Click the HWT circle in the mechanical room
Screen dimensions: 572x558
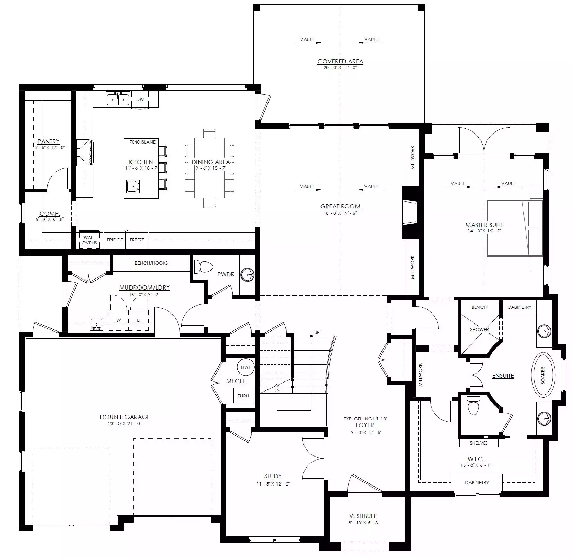click(x=246, y=367)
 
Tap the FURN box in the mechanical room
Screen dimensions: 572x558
click(x=243, y=396)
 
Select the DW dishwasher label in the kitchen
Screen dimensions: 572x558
click(x=140, y=100)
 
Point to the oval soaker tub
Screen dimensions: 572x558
click(x=543, y=375)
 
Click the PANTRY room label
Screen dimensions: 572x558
click(x=49, y=141)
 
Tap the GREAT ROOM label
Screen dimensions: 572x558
click(x=340, y=206)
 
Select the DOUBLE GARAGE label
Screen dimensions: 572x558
click(x=125, y=417)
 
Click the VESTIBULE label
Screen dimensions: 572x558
click(x=363, y=516)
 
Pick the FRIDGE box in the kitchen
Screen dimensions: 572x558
click(x=115, y=240)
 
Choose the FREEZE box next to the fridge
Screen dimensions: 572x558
click(x=137, y=240)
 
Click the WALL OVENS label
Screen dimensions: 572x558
click(x=89, y=240)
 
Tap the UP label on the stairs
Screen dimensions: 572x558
click(x=317, y=332)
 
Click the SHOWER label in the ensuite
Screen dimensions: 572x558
click(x=479, y=329)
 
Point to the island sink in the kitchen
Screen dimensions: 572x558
click(x=133, y=187)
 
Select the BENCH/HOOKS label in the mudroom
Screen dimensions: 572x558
click(x=151, y=263)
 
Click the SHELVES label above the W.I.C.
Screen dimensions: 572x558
click(x=479, y=443)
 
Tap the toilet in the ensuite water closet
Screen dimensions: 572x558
click(x=473, y=406)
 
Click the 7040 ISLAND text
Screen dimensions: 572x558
click(x=143, y=142)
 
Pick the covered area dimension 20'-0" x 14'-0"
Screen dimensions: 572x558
click(x=340, y=68)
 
